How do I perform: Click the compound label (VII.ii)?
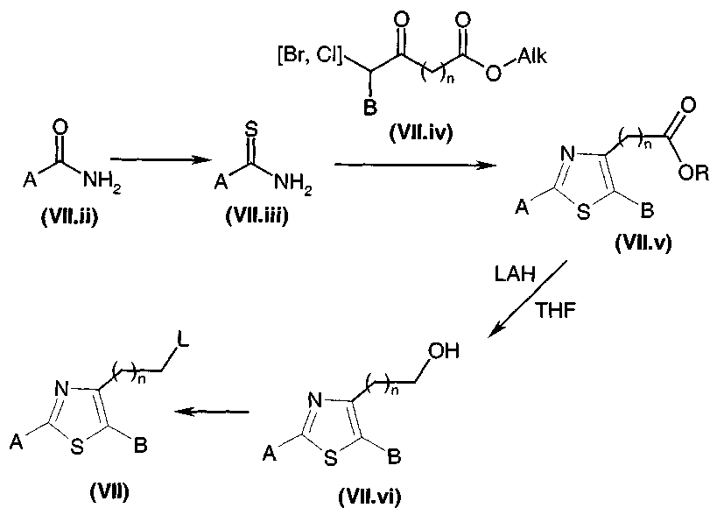(69, 215)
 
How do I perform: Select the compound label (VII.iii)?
(257, 215)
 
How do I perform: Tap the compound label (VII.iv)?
(421, 132)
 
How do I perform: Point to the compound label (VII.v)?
(643, 243)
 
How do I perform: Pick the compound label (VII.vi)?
(369, 496)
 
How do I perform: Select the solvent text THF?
(556, 310)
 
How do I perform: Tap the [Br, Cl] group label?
(310, 56)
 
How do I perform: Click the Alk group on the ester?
(531, 56)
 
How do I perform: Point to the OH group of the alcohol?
(443, 351)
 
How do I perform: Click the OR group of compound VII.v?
(694, 173)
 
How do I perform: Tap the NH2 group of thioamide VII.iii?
(292, 184)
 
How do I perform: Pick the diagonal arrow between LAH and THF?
(527, 299)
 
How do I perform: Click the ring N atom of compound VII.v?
(567, 154)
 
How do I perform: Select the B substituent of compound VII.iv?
(370, 108)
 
